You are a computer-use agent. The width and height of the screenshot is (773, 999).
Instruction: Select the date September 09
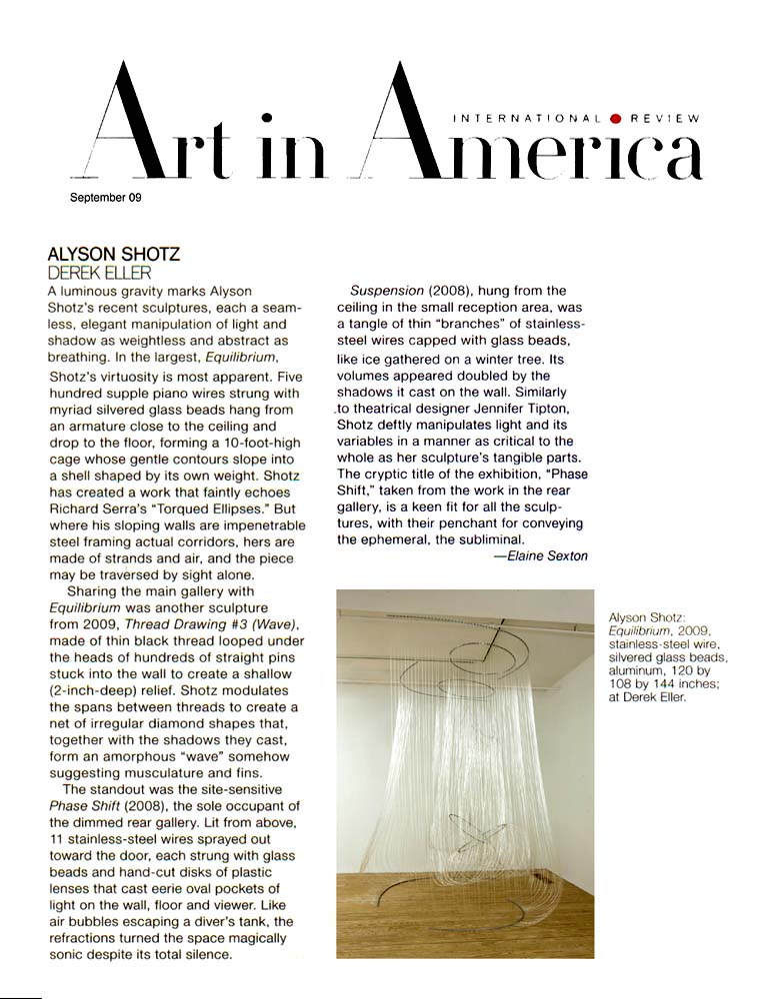coord(105,198)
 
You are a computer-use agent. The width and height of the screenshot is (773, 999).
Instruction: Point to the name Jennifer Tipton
coord(531,410)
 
